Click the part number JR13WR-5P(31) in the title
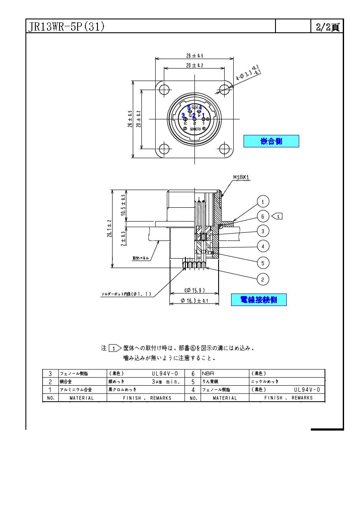pos(67,27)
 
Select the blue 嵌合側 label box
pos(271,141)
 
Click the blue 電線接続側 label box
pos(258,300)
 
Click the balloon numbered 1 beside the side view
pos(263,201)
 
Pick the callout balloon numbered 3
pos(263,231)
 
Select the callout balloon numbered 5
pos(263,262)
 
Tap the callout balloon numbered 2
pos(263,279)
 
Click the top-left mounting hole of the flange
pos(164,90)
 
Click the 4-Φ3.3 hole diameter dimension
pos(247,74)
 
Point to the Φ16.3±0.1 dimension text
pos(194,301)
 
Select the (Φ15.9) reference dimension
pos(194,290)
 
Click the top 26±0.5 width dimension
pos(194,56)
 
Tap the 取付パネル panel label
pos(141,258)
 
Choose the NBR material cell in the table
pos(208,373)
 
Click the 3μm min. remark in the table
pos(163,382)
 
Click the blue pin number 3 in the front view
pos(183,116)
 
